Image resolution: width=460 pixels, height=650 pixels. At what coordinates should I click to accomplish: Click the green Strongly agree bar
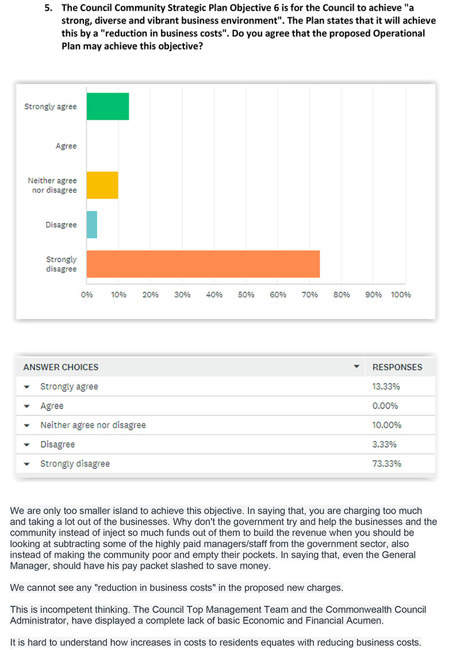(108, 106)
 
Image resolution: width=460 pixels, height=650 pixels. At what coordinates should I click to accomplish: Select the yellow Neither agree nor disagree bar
(102, 185)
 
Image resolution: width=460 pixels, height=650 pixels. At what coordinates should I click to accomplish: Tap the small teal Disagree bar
(92, 225)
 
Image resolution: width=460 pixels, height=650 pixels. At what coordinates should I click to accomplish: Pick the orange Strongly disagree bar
(203, 264)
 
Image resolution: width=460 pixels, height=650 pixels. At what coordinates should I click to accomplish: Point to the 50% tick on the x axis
(246, 295)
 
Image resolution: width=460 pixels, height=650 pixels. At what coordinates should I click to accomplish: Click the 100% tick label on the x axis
(401, 295)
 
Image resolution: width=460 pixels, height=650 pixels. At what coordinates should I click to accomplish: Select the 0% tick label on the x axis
(87, 295)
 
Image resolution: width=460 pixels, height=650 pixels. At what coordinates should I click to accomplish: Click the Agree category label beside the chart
(66, 146)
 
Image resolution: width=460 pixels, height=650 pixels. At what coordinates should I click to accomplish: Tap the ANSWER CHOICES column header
(61, 368)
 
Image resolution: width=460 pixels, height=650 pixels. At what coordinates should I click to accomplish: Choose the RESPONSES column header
(397, 368)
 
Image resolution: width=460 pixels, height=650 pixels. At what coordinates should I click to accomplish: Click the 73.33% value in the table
(386, 464)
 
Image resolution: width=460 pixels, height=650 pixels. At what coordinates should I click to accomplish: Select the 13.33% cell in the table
(386, 387)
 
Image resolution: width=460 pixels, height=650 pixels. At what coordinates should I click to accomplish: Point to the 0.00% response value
(385, 406)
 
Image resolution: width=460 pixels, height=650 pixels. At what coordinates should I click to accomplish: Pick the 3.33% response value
(384, 445)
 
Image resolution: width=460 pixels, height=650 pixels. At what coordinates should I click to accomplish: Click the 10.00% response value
(386, 425)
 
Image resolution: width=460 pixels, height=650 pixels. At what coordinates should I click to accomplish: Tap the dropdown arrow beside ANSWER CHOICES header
(356, 366)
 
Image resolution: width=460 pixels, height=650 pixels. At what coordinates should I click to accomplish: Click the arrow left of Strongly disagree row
(27, 464)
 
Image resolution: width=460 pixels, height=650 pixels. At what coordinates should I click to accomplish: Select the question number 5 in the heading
(48, 8)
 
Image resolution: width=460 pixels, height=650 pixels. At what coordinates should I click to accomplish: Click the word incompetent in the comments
(61, 610)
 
